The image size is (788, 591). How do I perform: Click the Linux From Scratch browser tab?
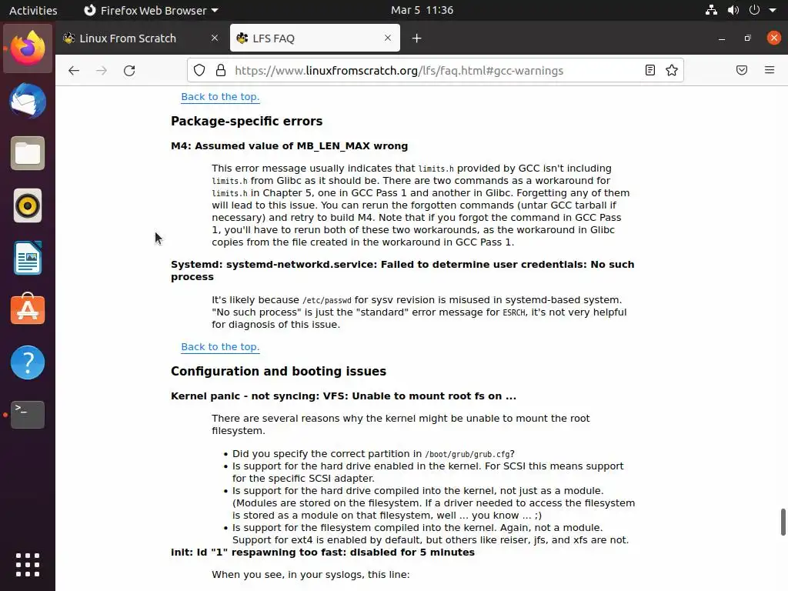[x=128, y=38]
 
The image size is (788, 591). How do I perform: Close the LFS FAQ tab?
[x=388, y=38]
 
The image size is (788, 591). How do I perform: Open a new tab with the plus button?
[x=416, y=38]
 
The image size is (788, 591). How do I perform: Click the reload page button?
[x=129, y=70]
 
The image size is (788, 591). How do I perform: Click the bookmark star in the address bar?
[x=672, y=70]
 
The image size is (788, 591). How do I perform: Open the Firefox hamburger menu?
[x=769, y=70]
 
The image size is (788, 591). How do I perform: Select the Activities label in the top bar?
[x=33, y=10]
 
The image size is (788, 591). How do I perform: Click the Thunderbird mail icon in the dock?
[x=28, y=101]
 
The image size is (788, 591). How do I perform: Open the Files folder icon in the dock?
[x=28, y=153]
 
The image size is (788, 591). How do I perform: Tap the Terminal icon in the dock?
[x=28, y=415]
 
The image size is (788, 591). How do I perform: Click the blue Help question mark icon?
[x=28, y=362]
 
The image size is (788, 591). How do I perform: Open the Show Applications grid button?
[x=28, y=564]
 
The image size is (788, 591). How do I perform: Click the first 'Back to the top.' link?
[x=220, y=97]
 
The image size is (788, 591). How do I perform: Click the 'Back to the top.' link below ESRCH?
[x=220, y=347]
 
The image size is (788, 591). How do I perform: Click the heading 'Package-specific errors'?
[x=246, y=122]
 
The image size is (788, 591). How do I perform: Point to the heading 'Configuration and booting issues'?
[x=279, y=372]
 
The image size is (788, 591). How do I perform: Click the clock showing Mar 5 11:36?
[x=422, y=10]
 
